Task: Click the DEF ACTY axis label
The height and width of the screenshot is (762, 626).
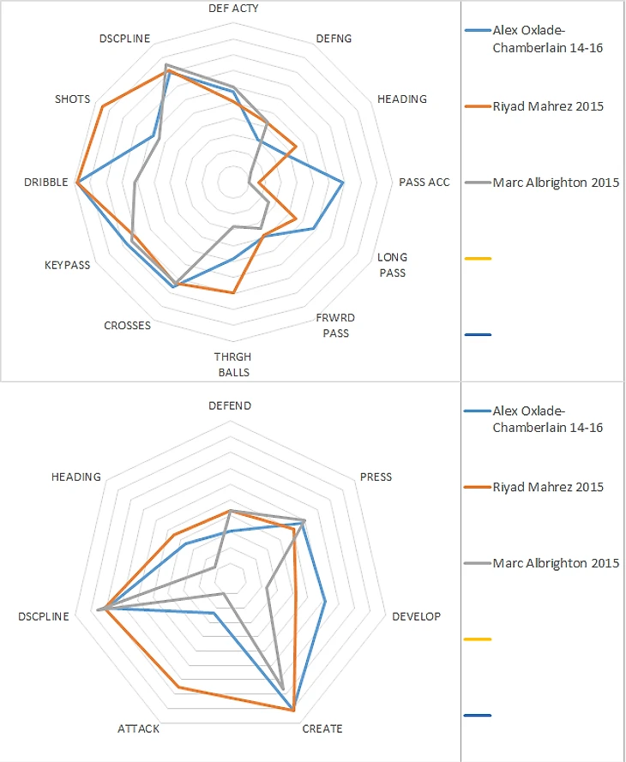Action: (x=233, y=8)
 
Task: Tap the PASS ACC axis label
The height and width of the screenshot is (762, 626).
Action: (x=424, y=183)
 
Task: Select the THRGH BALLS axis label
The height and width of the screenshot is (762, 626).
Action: (x=233, y=364)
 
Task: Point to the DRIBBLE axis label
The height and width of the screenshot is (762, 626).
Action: (x=46, y=183)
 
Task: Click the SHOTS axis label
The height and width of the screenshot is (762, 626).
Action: (x=72, y=99)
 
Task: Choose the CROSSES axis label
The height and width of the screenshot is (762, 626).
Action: (x=127, y=326)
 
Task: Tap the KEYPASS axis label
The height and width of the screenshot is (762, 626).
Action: (x=67, y=266)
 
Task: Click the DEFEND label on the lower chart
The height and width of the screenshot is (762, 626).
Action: (x=230, y=405)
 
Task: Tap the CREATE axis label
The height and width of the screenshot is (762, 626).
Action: (x=322, y=729)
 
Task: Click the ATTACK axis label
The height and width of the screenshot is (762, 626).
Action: (x=137, y=729)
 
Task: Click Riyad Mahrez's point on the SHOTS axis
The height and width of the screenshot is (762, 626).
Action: (x=102, y=106)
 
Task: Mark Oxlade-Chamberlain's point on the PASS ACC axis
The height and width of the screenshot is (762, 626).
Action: (x=343, y=183)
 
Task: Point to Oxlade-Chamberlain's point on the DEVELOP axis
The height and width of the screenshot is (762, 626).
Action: (x=326, y=602)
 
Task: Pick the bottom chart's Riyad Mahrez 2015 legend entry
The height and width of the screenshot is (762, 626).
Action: (x=548, y=488)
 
